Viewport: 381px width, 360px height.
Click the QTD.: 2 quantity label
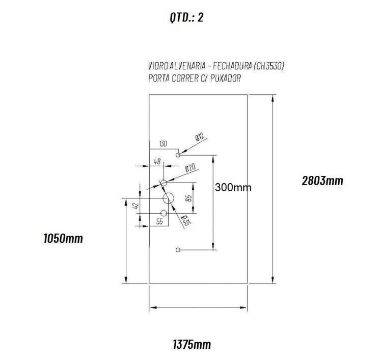click(x=186, y=17)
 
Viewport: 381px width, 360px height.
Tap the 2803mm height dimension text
click(x=322, y=181)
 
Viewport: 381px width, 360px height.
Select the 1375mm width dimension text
click(x=192, y=344)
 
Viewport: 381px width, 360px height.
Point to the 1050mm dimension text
click(x=63, y=238)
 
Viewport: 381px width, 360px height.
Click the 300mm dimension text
click(x=233, y=188)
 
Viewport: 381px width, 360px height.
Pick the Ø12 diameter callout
click(x=200, y=137)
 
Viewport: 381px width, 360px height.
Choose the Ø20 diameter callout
click(x=190, y=168)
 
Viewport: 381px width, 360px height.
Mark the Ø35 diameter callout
click(x=186, y=220)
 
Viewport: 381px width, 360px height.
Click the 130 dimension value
click(x=163, y=144)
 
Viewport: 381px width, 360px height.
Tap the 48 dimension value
click(x=157, y=161)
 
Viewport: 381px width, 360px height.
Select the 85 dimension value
click(x=189, y=197)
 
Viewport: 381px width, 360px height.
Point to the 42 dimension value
click(x=136, y=206)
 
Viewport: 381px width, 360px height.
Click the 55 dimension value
click(x=159, y=222)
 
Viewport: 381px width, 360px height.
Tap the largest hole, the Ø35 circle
click(x=168, y=198)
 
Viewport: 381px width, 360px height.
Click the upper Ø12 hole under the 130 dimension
click(x=178, y=155)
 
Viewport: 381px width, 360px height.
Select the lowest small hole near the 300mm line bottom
click(x=178, y=250)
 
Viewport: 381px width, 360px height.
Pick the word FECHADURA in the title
click(x=232, y=66)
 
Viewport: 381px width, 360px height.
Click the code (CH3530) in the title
click(x=269, y=66)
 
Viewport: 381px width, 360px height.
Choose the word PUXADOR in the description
click(x=226, y=79)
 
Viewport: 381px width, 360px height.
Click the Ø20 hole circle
click(x=164, y=183)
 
